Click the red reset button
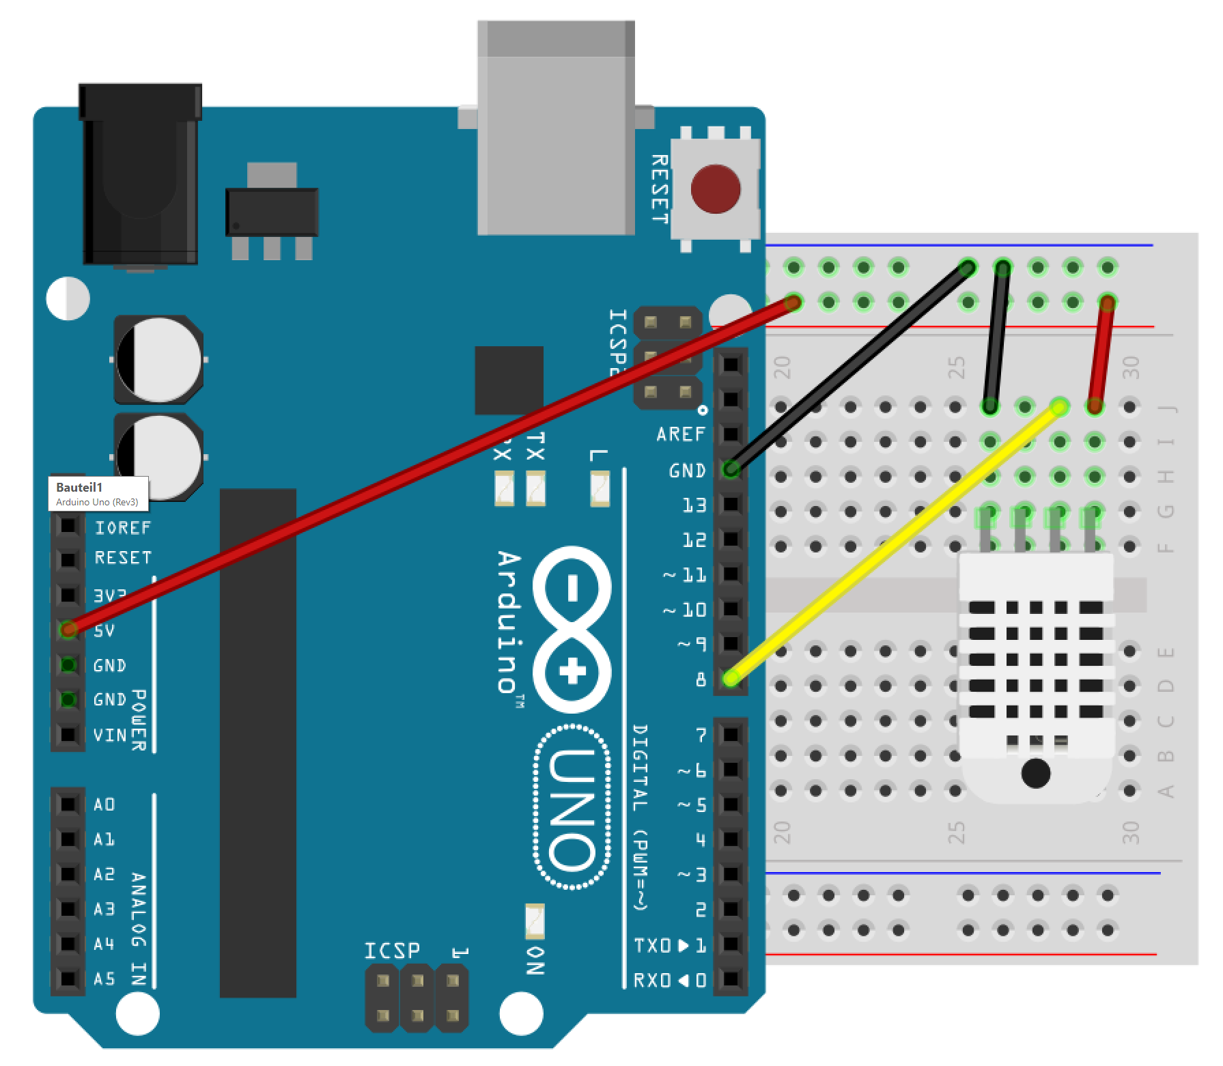click(715, 189)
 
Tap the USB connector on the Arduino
click(556, 130)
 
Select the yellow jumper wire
click(895, 543)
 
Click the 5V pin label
click(104, 630)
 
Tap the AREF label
click(680, 434)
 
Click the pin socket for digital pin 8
click(731, 678)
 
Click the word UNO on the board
click(572, 809)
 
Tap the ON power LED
click(535, 920)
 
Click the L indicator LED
click(600, 489)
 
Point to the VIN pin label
click(110, 735)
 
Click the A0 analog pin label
click(104, 804)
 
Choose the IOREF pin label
click(123, 527)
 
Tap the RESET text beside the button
click(659, 189)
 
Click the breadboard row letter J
click(1167, 408)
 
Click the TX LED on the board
click(535, 489)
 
